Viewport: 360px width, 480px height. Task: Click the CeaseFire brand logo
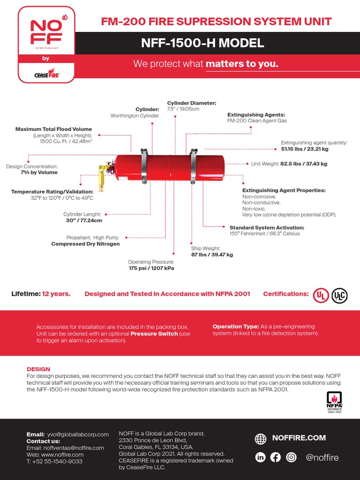click(46, 74)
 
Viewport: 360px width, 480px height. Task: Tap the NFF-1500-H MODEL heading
click(202, 44)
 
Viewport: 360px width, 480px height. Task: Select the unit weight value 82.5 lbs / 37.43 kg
click(304, 164)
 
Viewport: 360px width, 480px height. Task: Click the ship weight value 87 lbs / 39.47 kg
click(212, 255)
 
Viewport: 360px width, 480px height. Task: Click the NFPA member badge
click(334, 401)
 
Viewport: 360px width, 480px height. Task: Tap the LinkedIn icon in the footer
click(260, 457)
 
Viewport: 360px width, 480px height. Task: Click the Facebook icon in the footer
click(276, 457)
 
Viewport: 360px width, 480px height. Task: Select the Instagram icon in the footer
click(291, 457)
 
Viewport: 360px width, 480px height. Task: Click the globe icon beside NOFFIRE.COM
click(261, 439)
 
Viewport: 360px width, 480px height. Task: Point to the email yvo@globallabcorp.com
click(77, 435)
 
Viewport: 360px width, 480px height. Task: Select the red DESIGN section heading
click(38, 369)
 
